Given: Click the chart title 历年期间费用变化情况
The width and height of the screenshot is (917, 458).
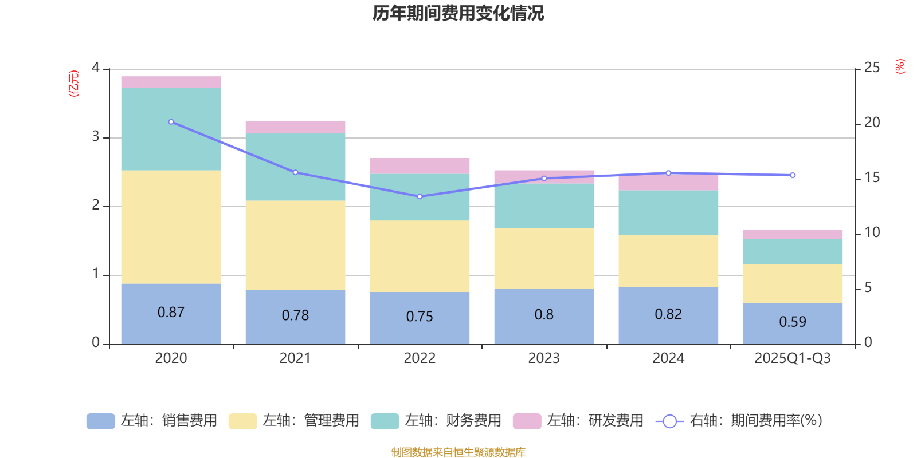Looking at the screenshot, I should tap(458, 13).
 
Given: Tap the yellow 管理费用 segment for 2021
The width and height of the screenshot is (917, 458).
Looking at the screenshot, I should tap(295, 245).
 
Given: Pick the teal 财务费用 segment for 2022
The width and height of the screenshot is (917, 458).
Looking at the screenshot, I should tap(420, 197).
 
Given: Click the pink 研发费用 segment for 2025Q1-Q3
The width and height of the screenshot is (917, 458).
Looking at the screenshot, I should tap(793, 235).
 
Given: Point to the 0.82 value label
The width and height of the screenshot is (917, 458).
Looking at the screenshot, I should tap(668, 314).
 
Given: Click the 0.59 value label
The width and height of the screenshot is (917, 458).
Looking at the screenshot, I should tap(793, 322).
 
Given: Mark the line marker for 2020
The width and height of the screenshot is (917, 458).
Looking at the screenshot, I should tap(171, 122).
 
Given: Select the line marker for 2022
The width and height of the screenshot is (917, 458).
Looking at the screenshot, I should tap(420, 196).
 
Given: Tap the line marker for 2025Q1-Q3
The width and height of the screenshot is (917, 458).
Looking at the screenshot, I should tap(793, 175).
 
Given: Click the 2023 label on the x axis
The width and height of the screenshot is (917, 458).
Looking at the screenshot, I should tap(544, 358).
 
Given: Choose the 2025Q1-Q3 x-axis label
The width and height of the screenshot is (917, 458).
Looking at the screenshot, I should tap(793, 358).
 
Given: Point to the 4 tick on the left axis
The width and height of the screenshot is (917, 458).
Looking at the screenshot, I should tap(96, 68).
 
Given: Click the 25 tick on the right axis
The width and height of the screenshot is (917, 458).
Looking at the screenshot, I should tap(872, 68).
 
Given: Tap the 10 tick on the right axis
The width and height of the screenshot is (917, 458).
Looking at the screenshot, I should tap(872, 232).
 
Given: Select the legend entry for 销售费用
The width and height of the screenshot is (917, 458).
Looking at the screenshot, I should tap(152, 421).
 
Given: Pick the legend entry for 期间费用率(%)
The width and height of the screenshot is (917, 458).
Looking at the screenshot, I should tap(739, 421).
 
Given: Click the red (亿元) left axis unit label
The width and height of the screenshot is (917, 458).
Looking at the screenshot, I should tap(74, 84).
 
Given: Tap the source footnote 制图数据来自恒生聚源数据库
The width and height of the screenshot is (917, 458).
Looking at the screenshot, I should tap(458, 452).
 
